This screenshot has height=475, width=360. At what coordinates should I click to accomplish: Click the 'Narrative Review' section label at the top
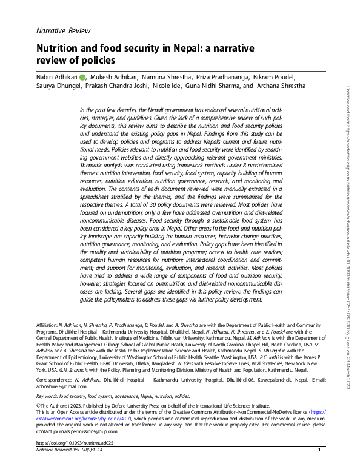[x=62, y=30]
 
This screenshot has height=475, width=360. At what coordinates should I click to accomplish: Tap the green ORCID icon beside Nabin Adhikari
[x=82, y=77]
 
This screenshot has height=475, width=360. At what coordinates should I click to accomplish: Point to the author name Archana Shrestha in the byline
[x=281, y=86]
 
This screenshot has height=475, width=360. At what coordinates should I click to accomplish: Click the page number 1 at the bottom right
[x=319, y=467]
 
